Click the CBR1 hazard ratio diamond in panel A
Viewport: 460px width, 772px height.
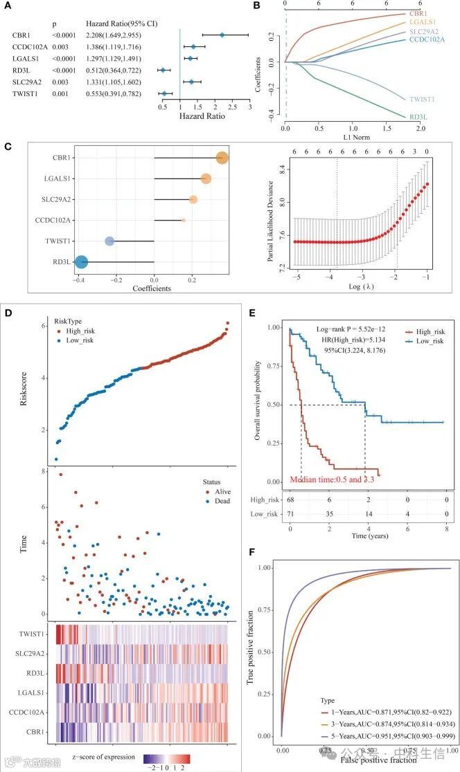point(222,35)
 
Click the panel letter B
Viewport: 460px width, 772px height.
point(256,6)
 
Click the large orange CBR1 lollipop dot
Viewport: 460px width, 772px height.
point(222,158)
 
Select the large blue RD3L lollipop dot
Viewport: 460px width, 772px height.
point(81,262)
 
